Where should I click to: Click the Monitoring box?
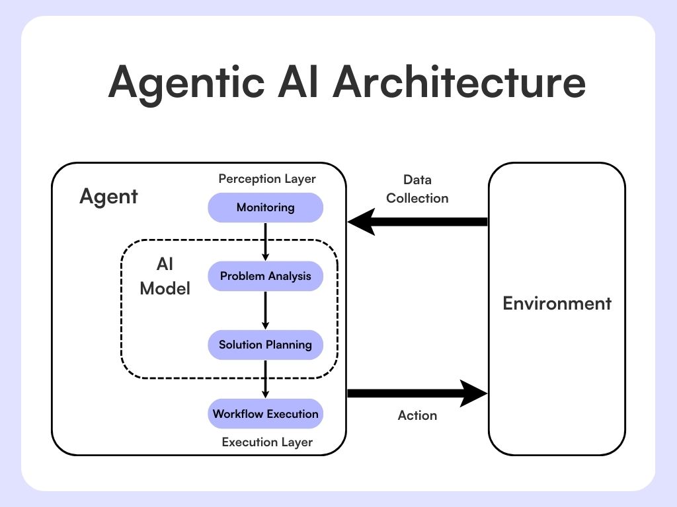click(265, 207)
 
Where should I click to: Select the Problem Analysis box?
click(265, 276)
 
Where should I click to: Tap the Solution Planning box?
click(265, 345)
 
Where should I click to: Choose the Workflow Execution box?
click(265, 414)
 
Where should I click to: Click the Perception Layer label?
click(267, 179)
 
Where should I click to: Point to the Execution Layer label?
click(267, 442)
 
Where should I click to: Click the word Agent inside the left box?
click(108, 196)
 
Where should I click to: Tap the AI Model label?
click(165, 277)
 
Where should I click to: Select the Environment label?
click(557, 304)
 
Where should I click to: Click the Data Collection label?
click(417, 189)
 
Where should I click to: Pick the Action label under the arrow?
click(417, 415)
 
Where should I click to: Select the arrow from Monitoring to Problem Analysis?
click(265, 241)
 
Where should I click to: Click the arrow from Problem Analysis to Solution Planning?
click(265, 310)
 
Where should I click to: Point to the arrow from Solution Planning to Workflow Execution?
click(265, 379)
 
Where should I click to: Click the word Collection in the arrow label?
click(417, 198)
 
